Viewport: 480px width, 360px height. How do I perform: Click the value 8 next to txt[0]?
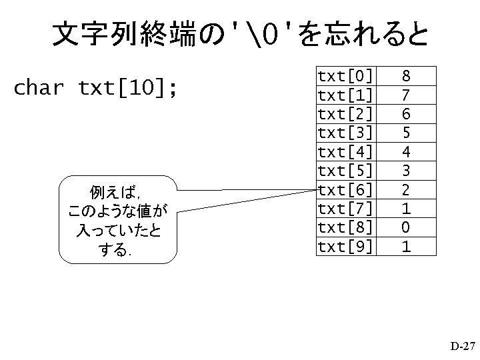point(406,74)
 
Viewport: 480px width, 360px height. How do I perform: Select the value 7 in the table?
point(406,93)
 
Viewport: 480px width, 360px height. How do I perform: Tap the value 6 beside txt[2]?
point(406,113)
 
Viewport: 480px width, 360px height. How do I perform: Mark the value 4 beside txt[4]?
point(406,151)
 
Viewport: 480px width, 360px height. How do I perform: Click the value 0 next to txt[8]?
point(406,228)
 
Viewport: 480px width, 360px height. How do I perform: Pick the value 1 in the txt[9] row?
point(406,247)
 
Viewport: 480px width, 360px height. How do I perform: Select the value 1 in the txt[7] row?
point(406,209)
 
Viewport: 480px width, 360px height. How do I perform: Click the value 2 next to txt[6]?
point(406,189)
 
